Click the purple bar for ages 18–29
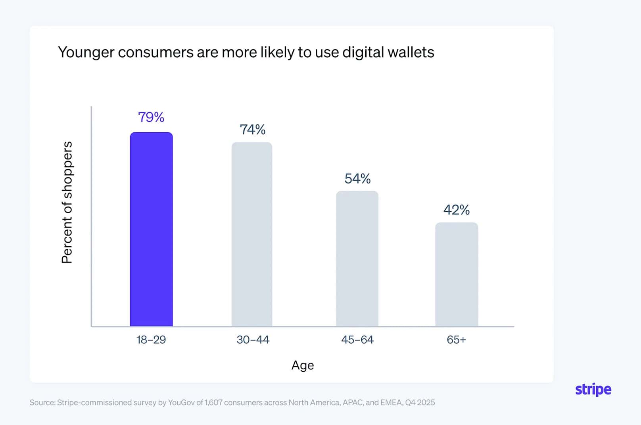(151, 229)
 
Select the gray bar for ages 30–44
(252, 234)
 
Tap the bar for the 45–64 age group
(357, 259)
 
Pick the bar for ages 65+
(457, 274)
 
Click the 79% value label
(151, 117)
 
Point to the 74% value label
(253, 129)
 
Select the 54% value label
(357, 179)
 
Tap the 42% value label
(457, 210)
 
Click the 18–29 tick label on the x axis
(151, 340)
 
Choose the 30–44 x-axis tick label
(253, 340)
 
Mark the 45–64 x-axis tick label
(357, 340)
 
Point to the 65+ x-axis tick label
(457, 340)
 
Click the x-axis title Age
(303, 365)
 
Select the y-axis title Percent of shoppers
(67, 202)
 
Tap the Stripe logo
(593, 390)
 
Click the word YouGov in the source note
(181, 403)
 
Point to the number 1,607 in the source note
(213, 403)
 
